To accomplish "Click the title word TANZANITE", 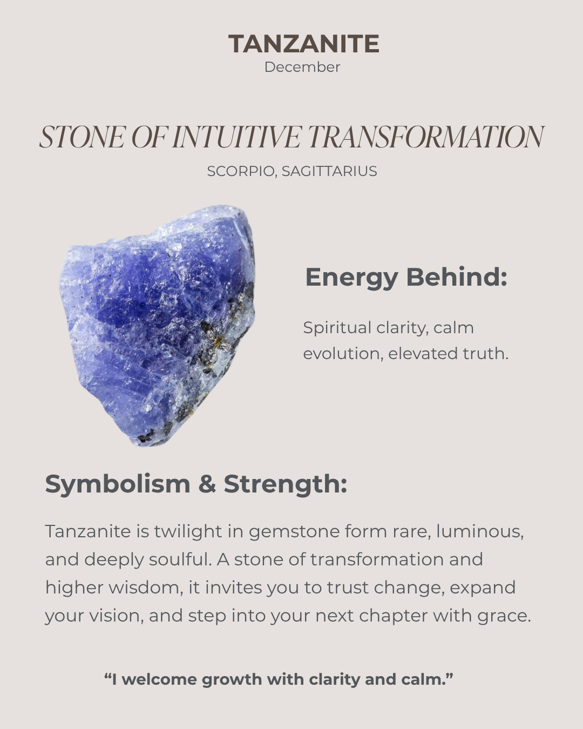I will click(303, 44).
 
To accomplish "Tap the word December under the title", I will click(302, 67).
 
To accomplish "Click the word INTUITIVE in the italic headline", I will click(236, 137).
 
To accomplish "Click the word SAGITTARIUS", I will click(329, 171).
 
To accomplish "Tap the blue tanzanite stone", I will click(157, 324).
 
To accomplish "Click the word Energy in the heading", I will click(351, 278).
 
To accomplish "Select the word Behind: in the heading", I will click(457, 278).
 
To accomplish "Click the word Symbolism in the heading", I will click(117, 484).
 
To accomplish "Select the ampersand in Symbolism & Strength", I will click(207, 484).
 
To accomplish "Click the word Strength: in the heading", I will click(285, 484).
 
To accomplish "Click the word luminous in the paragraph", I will click(479, 532).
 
